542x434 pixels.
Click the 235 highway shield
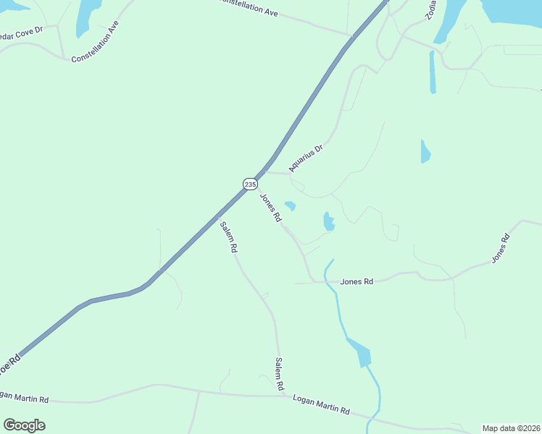(x=249, y=184)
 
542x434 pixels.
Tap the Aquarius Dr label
(x=304, y=156)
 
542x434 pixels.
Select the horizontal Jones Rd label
(x=357, y=281)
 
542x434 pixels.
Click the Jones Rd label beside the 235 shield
(x=270, y=208)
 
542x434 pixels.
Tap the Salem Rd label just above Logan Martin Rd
(x=278, y=375)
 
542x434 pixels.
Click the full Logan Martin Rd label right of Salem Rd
(x=321, y=404)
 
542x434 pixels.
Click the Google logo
(x=24, y=425)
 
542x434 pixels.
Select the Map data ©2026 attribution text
(x=511, y=428)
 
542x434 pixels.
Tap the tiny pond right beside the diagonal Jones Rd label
(x=291, y=206)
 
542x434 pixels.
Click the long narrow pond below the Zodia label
(x=433, y=72)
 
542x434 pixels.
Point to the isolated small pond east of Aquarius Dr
(x=425, y=151)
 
